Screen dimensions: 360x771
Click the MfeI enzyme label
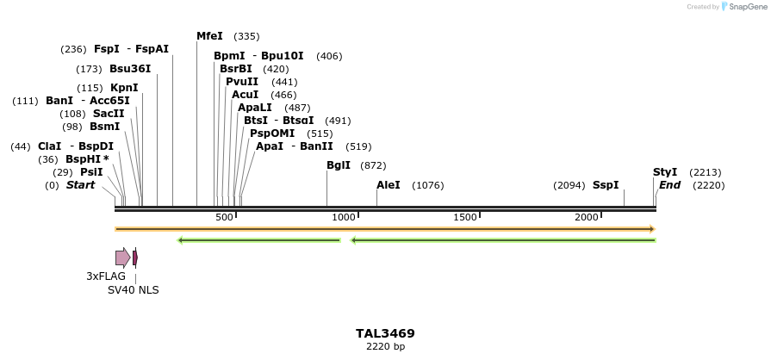pos(209,36)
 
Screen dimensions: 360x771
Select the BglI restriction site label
pos(339,165)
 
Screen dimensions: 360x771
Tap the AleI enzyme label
pos(389,185)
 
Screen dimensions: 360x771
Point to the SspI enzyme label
pos(606,185)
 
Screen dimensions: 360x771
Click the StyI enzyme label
pos(665,172)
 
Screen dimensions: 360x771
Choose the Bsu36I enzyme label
pos(130,69)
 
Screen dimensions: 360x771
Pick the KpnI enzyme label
pos(124,88)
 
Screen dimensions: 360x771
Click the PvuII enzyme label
pos(242,82)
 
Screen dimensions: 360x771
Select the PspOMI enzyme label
pos(272,133)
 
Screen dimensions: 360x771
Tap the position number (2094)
pos(569,185)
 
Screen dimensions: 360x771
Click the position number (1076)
pos(428,185)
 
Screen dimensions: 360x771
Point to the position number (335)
pos(246,36)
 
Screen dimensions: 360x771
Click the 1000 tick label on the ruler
pos(344,217)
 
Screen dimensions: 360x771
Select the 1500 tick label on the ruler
pos(465,217)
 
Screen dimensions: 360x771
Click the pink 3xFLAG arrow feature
pos(122,258)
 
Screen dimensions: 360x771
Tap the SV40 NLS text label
pos(133,290)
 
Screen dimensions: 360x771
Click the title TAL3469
pos(385,333)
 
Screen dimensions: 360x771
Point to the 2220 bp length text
pos(385,347)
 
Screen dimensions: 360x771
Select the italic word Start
pos(80,185)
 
